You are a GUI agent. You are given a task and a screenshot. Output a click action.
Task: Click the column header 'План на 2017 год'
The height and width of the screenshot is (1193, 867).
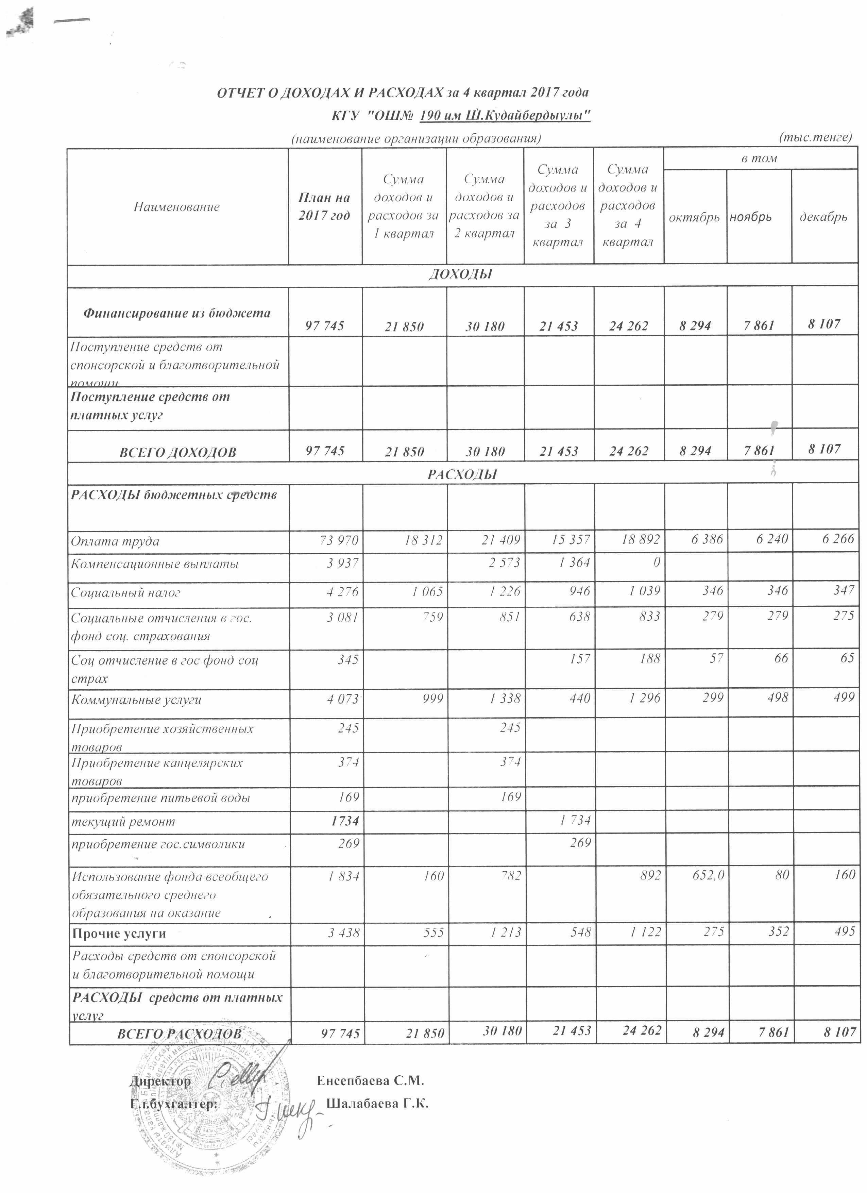(324, 207)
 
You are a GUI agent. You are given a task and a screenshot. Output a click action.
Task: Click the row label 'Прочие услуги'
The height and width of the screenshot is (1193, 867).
(118, 934)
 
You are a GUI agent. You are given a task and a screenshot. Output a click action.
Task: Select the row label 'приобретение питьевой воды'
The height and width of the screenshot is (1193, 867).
(160, 798)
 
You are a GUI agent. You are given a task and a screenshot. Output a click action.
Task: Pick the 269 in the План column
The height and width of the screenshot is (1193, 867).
(350, 844)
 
